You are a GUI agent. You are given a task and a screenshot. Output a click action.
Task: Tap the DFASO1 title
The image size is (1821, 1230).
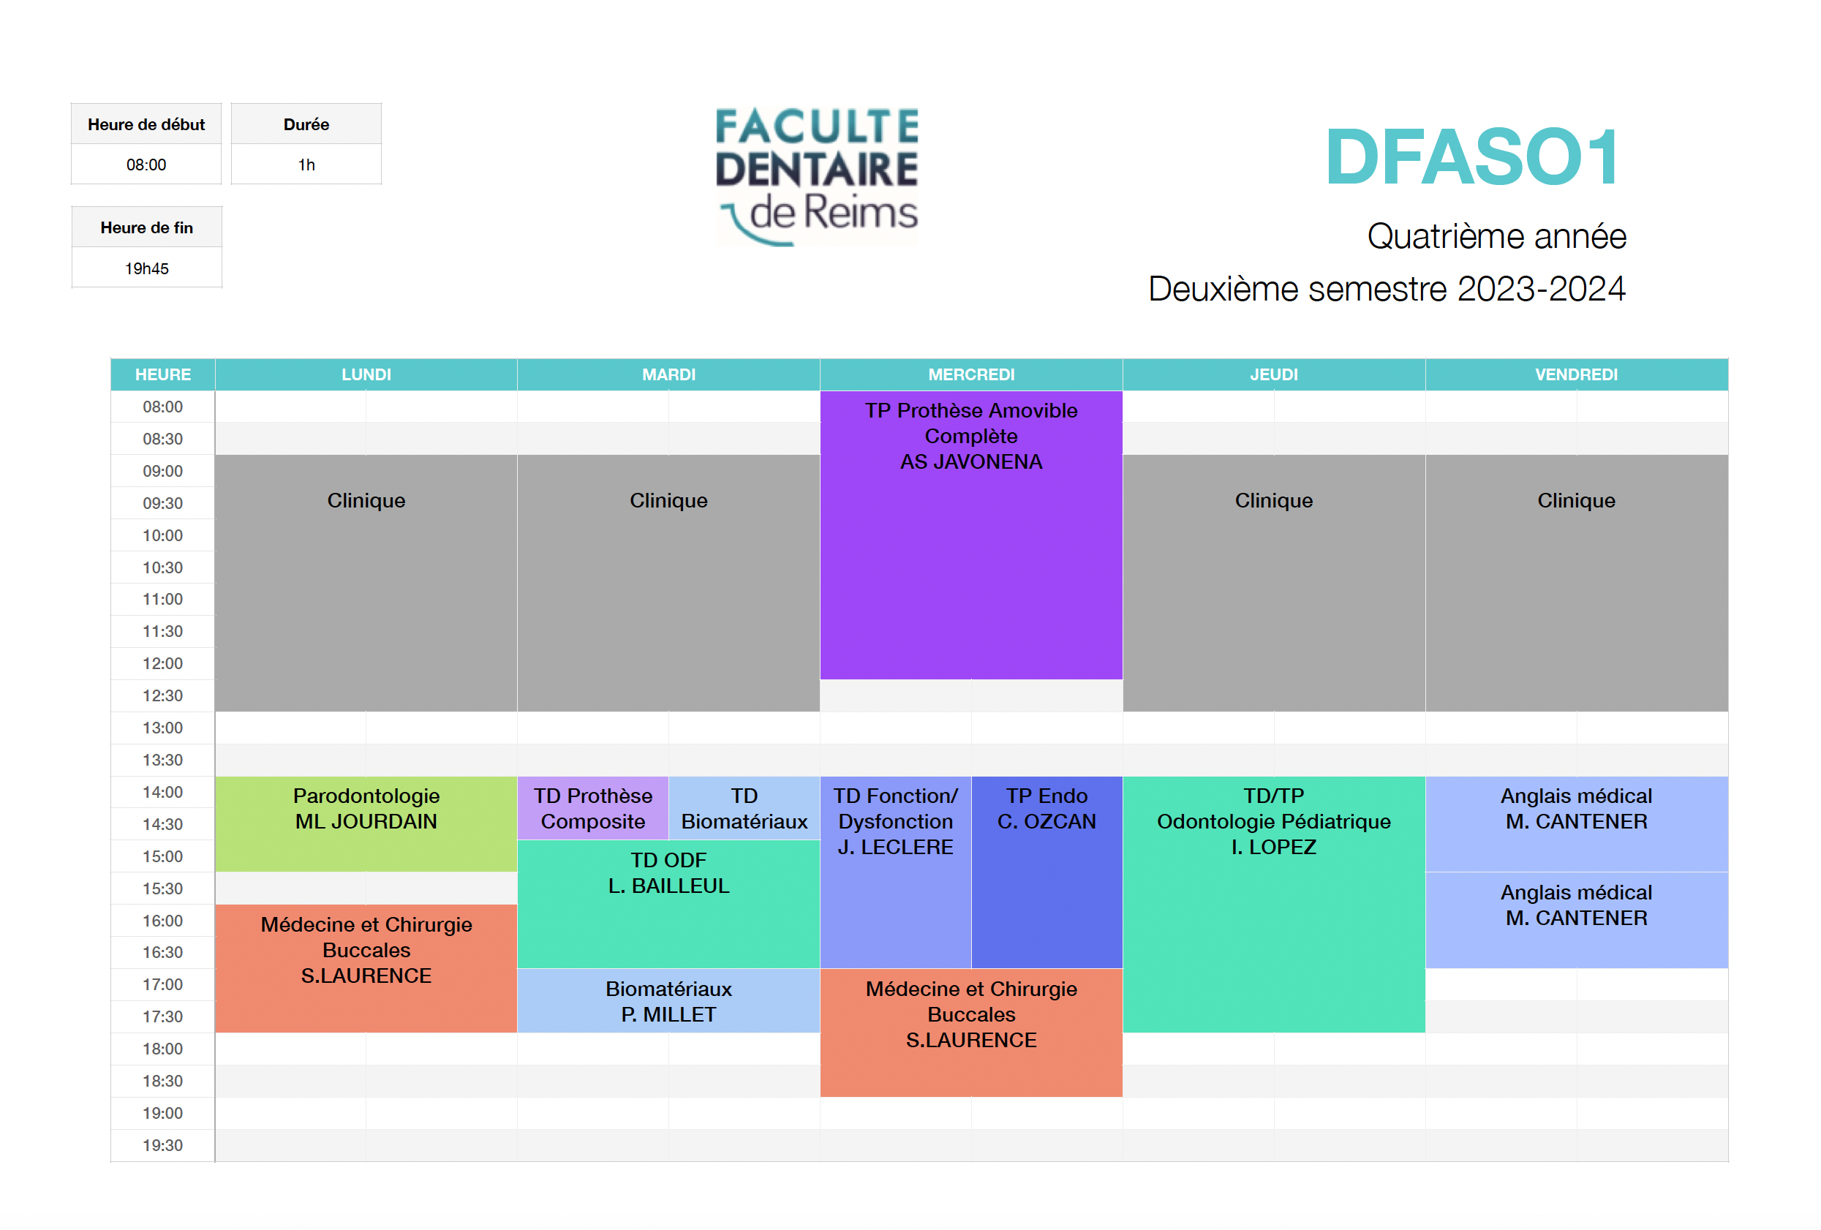pos(1472,157)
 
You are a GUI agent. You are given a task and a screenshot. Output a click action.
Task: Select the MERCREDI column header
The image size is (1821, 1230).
pos(971,374)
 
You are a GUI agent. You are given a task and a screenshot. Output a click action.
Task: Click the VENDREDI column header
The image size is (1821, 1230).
pos(1577,374)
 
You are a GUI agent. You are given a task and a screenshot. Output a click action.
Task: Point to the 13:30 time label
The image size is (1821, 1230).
pos(162,760)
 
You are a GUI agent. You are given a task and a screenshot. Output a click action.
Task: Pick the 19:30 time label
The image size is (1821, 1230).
pos(162,1145)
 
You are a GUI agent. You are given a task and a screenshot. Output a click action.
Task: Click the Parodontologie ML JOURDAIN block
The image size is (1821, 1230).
pos(366,823)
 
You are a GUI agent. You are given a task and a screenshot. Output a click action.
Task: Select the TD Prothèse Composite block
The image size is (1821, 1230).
pos(593,808)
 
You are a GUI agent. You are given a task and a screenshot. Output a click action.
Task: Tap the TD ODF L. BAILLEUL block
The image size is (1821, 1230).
pos(668,904)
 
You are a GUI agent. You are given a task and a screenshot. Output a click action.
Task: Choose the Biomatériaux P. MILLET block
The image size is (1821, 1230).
pos(668,1000)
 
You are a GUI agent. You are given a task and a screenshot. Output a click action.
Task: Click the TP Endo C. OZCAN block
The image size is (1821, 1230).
pos(1047,872)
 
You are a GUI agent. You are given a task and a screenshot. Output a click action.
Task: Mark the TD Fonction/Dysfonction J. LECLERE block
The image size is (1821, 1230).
pos(896,872)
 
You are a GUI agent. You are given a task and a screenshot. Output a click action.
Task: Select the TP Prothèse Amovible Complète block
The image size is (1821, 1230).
pos(971,535)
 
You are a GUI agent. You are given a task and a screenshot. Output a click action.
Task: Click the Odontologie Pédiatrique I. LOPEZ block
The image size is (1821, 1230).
pos(1274,904)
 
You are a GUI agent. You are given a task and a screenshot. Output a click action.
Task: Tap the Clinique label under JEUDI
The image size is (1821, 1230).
pos(1274,501)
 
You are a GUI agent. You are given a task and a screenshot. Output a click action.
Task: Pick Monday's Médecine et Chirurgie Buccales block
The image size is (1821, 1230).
pos(366,968)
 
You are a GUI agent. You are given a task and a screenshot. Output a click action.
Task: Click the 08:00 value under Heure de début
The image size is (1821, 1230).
pos(146,165)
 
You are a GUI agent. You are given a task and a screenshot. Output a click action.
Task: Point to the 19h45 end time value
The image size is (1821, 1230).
pos(146,268)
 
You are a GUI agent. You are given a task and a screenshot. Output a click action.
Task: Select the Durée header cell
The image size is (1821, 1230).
pos(306,124)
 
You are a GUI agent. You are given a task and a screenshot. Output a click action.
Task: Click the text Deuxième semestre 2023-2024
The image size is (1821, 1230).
pos(1387,288)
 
